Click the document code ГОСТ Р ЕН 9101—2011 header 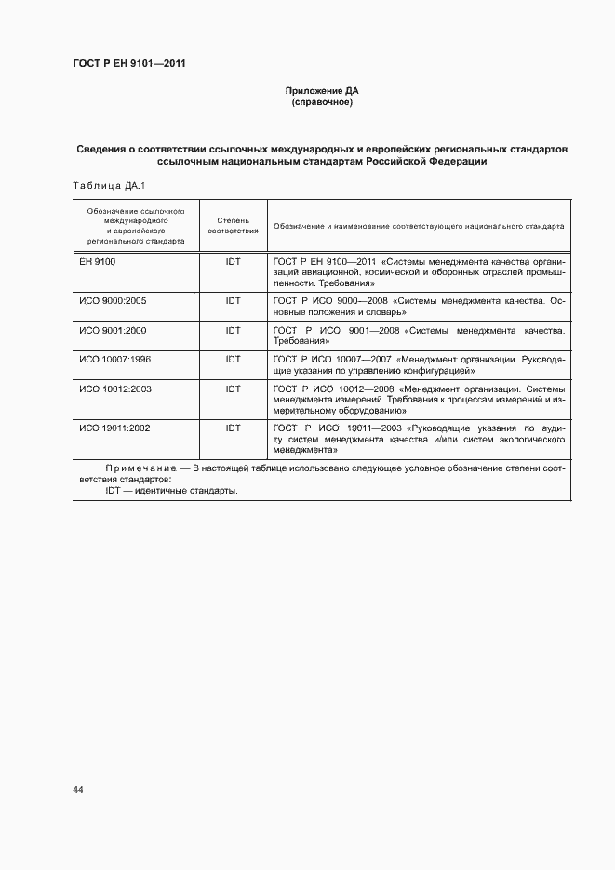[x=129, y=64]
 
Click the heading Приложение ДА [x=321, y=91]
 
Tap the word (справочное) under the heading [x=321, y=102]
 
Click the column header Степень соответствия [x=233, y=224]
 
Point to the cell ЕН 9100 [x=97, y=262]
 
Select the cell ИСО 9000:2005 [x=113, y=302]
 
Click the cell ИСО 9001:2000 [x=113, y=331]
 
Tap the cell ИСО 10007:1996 [x=115, y=359]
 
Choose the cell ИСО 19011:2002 [x=115, y=428]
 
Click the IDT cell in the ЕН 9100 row [x=233, y=262]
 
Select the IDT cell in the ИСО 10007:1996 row [x=233, y=359]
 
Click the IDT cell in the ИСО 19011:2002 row [x=233, y=428]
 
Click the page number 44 [x=78, y=789]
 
